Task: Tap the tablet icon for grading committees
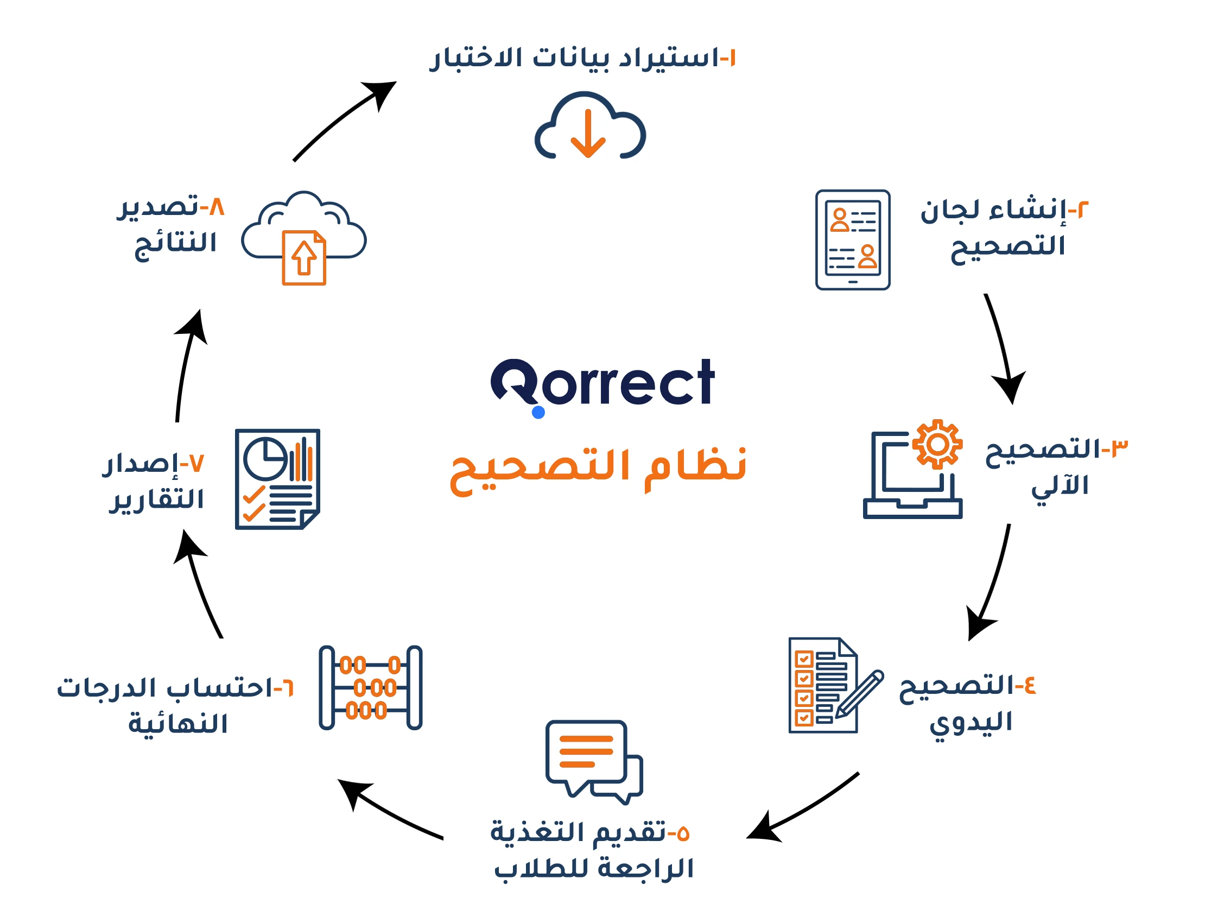pos(852,239)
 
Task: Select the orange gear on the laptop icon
pos(937,444)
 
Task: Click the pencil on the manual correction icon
pos(859,694)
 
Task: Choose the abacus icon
pos(370,687)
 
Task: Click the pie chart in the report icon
pos(265,458)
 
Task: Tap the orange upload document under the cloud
pos(304,258)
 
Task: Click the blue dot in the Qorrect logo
pos(538,412)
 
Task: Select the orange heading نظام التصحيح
pos(598,470)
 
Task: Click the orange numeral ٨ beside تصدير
pos(217,207)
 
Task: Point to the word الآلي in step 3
pos(1060,487)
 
